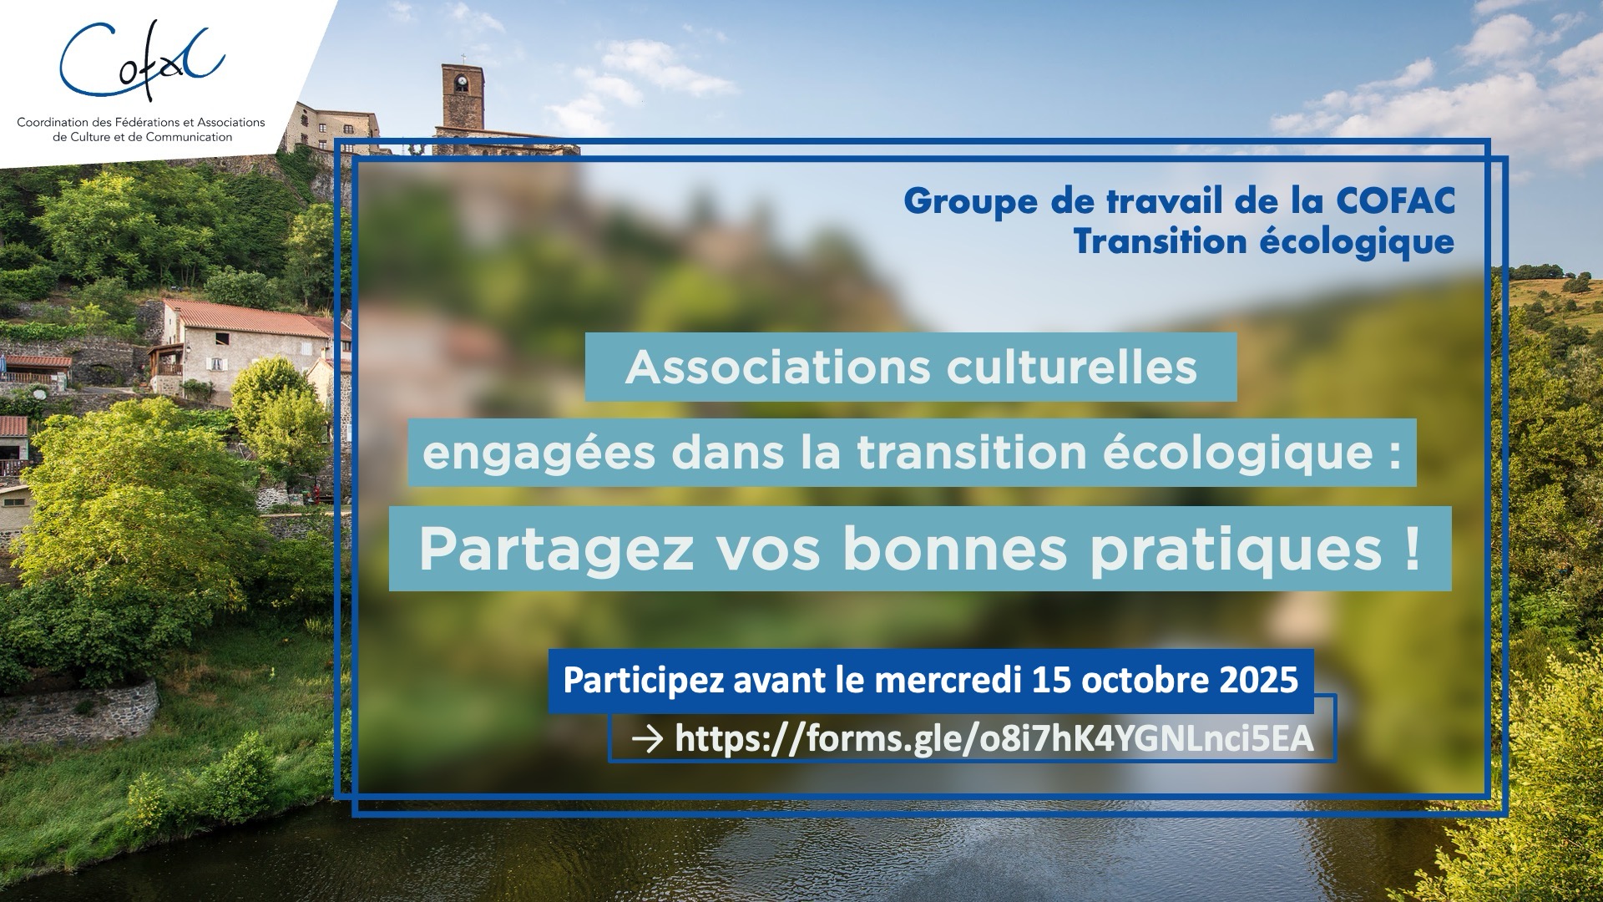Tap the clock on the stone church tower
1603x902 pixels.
pyautogui.click(x=461, y=84)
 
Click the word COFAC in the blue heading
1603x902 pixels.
pyautogui.click(x=1396, y=201)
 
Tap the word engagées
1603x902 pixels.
pyautogui.click(x=539, y=454)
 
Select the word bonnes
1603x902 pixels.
pyautogui.click(x=955, y=549)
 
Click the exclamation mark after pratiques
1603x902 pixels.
pyautogui.click(x=1412, y=548)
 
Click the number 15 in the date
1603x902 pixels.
pyautogui.click(x=1052, y=680)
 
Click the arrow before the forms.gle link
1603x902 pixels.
pyautogui.click(x=648, y=738)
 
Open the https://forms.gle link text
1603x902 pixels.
pyautogui.click(x=994, y=739)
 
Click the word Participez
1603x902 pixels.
pyautogui.click(x=642, y=682)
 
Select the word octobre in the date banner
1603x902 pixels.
pyautogui.click(x=1145, y=680)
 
